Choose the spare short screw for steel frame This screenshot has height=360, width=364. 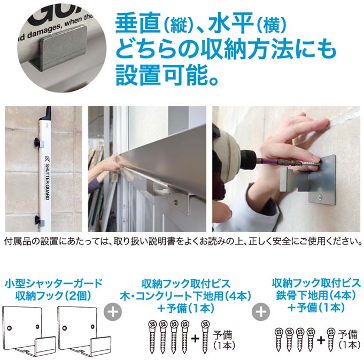click(x=330, y=337)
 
